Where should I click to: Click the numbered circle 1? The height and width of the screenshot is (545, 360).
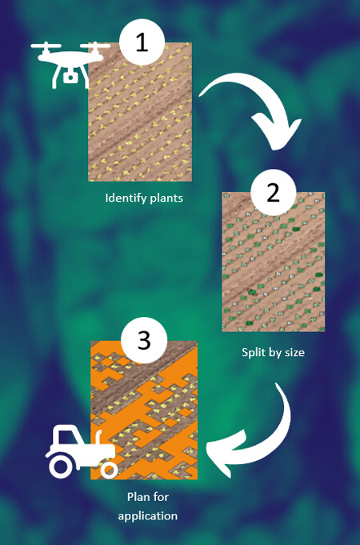pyautogui.click(x=142, y=42)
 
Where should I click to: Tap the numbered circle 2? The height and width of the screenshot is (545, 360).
pyautogui.click(x=273, y=192)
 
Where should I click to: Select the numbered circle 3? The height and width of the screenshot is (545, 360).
pyautogui.click(x=144, y=340)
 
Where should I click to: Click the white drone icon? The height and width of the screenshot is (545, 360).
pyautogui.click(x=70, y=64)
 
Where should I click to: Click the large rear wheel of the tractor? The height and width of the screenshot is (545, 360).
pyautogui.click(x=61, y=467)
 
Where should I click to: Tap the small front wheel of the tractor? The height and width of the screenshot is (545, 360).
pyautogui.click(x=109, y=471)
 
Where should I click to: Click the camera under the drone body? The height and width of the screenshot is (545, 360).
pyautogui.click(x=70, y=77)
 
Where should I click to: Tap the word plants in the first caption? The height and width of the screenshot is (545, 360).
pyautogui.click(x=166, y=198)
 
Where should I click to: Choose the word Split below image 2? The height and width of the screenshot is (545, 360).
pyautogui.click(x=252, y=352)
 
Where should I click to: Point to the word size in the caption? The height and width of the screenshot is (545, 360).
pyautogui.click(x=293, y=352)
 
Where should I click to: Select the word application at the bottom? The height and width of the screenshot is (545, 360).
pyautogui.click(x=148, y=516)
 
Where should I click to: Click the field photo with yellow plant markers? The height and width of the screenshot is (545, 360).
pyautogui.click(x=140, y=112)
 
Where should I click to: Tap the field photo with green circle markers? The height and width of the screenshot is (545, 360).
pyautogui.click(x=274, y=262)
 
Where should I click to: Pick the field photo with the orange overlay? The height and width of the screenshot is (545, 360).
pyautogui.click(x=144, y=411)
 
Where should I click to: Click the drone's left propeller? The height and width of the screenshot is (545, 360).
pyautogui.click(x=46, y=46)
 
